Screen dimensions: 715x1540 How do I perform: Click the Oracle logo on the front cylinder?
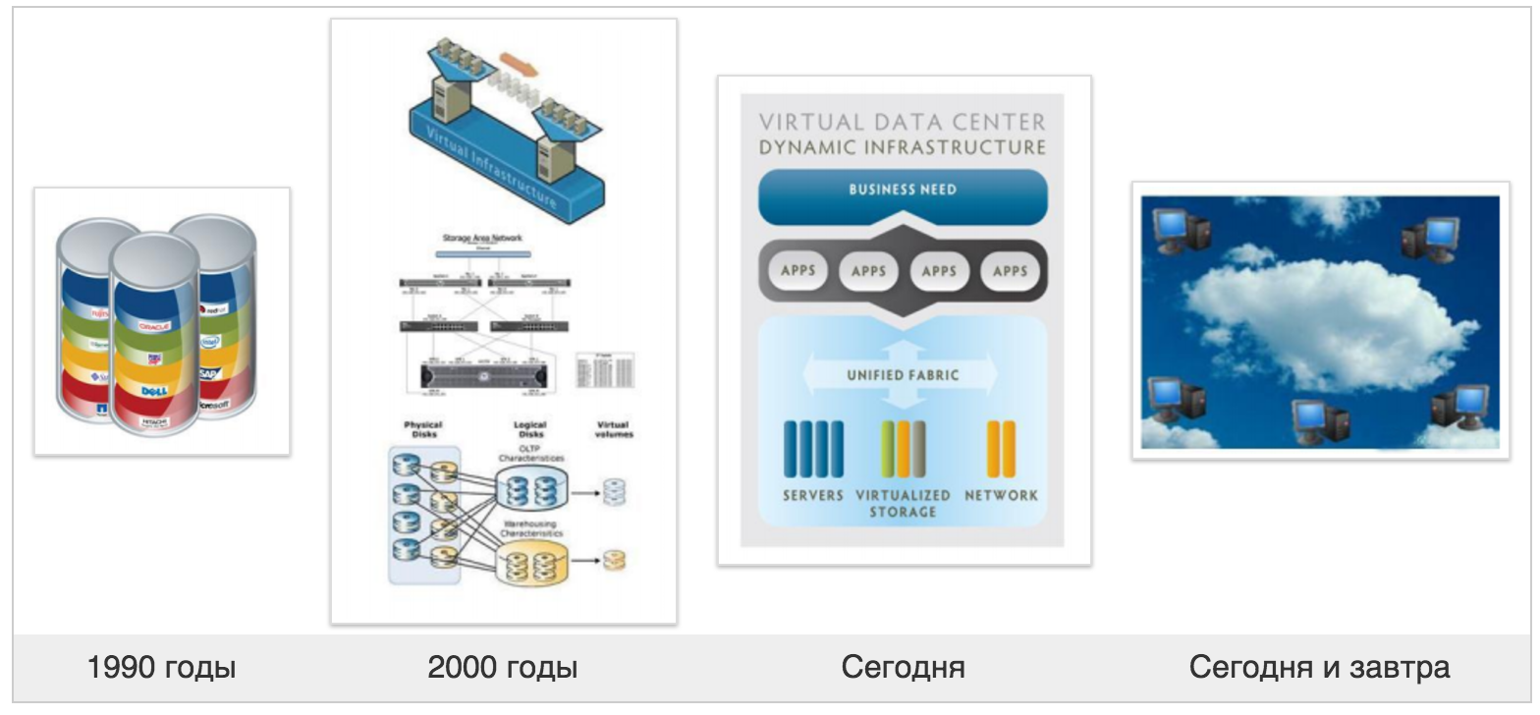[x=155, y=325]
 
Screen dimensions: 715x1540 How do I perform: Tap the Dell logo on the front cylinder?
[x=155, y=391]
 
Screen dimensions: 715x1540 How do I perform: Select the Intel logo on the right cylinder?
[x=209, y=343]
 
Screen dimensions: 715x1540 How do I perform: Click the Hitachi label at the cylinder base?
[x=155, y=421]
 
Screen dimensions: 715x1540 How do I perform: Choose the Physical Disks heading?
[x=423, y=430]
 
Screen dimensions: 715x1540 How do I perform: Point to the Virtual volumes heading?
[x=615, y=430]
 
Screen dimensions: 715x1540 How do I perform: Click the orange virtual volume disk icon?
[x=614, y=561]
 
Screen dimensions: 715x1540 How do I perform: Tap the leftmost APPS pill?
[x=797, y=270]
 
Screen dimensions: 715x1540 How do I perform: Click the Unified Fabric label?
[x=903, y=375]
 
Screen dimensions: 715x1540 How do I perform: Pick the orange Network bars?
[x=1001, y=449]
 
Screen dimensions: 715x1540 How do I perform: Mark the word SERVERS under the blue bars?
[x=813, y=496]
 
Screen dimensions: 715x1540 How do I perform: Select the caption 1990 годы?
[x=162, y=668]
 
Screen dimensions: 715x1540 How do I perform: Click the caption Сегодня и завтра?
[x=1319, y=668]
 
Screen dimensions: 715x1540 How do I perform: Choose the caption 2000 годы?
[x=503, y=668]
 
